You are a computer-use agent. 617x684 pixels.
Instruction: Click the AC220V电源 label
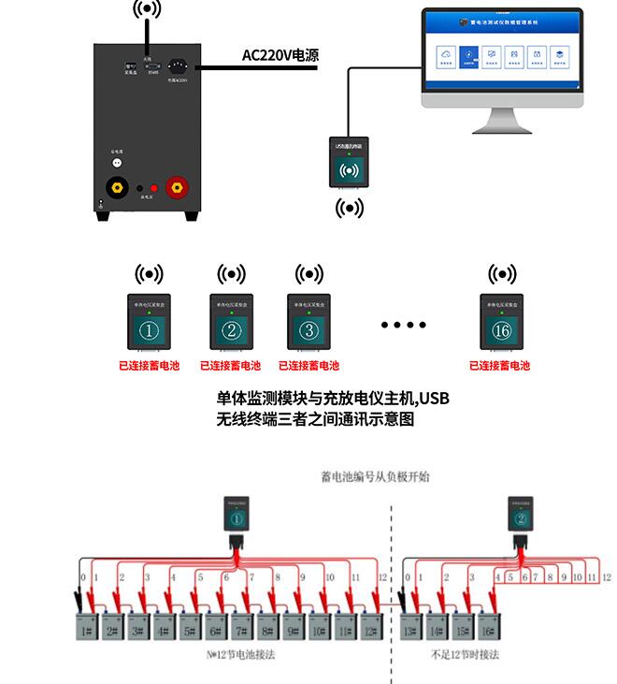(280, 56)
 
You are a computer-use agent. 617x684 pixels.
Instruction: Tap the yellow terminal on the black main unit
(118, 187)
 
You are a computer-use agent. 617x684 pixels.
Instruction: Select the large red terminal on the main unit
(175, 187)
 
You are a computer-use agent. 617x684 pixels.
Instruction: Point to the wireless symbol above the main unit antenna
(146, 10)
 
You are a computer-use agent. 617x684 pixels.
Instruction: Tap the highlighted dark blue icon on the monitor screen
(467, 58)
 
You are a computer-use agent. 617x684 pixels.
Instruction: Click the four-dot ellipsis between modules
(403, 325)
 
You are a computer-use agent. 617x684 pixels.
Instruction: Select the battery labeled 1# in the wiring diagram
(87, 633)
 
